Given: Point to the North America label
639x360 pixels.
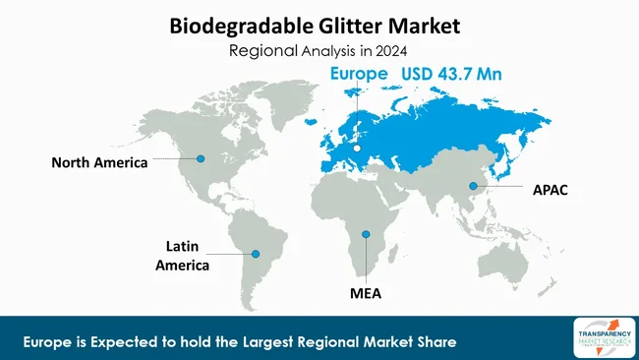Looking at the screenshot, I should [99, 162].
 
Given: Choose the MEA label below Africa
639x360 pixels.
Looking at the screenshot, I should [365, 293].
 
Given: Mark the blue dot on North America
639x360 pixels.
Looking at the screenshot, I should [201, 158].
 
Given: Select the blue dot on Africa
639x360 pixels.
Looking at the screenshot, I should [365, 234].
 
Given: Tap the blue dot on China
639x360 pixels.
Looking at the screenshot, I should [473, 186].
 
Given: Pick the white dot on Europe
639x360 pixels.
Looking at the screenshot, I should [358, 149].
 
